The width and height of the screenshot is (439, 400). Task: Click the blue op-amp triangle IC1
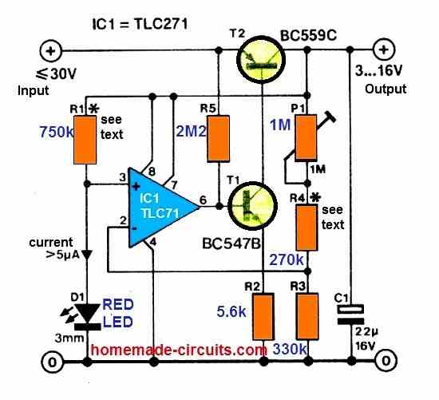pos(160,208)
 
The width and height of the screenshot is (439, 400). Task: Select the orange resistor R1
pos(85,140)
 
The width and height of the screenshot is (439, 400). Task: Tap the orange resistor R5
pos(219,139)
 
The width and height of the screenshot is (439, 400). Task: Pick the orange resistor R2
pos(263,316)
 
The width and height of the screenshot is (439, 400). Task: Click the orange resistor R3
pos(307,316)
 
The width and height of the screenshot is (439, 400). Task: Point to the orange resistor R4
pos(307,228)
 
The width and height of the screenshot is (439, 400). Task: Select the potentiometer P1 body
pos(307,137)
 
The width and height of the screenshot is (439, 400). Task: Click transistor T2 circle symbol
pos(261,60)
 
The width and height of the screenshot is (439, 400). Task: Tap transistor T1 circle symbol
pos(252,206)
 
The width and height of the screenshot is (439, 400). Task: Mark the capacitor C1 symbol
pos(350,315)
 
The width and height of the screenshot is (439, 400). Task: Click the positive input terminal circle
pos(50,51)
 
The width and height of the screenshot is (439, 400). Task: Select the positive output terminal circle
pos(384,50)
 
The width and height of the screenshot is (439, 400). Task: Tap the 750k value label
pos(57,132)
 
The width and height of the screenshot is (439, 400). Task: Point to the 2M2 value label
pos(192,131)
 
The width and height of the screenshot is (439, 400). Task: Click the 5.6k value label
pos(231,311)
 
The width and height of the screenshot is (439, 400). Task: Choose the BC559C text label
pos(309,36)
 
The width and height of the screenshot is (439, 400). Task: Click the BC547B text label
pos(231,244)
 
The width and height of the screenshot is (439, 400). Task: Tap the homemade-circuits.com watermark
pos(179,350)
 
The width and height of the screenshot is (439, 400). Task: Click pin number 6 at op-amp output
pos(203,200)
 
